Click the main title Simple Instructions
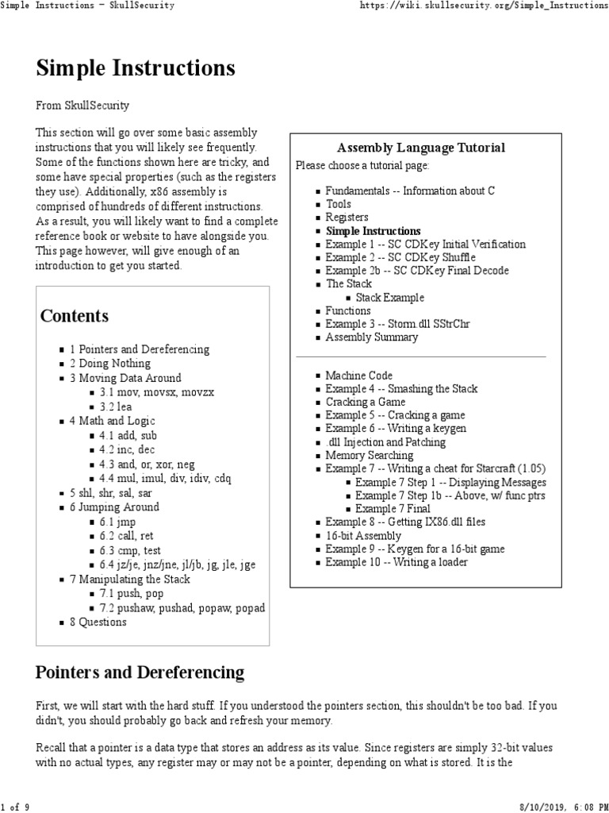[x=136, y=69]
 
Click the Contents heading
[x=75, y=316]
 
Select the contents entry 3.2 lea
[x=116, y=406]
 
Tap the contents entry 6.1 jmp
[x=116, y=522]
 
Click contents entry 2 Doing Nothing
[x=109, y=364]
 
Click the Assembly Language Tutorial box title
[x=420, y=148]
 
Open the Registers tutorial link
[x=347, y=218]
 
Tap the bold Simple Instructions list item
[x=373, y=231]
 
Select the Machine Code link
[x=358, y=376]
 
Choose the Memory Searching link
[x=369, y=456]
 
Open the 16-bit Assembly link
[x=363, y=536]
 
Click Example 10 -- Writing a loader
[x=396, y=563]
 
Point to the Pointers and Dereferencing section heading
[x=140, y=673]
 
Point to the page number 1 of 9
[x=15, y=807]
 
